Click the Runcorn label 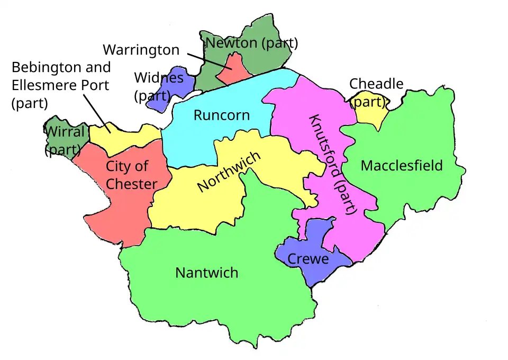pos(221,115)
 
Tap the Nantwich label pos(206,273)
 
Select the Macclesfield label pos(402,166)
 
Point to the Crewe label pos(307,259)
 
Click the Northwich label pos(229,172)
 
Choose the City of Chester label pos(131,175)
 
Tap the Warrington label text pos(141,50)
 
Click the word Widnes pos(159,78)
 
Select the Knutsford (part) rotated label pos(333,164)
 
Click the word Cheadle pos(376,84)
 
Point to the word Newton pos(228,43)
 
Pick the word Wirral pos(64,131)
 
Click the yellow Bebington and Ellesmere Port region pos(127,135)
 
